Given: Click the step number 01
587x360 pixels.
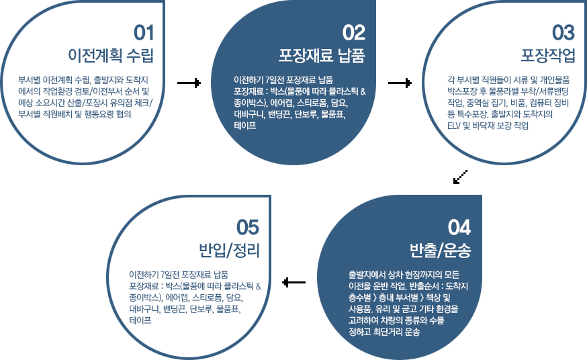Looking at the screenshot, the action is pos(144,33).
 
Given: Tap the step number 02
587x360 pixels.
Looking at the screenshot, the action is pos(354,33).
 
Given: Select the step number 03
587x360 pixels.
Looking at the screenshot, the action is pos(563,33).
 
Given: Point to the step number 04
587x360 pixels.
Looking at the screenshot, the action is pos(459,228).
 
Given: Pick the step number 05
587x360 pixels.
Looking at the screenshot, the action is pos(248,228).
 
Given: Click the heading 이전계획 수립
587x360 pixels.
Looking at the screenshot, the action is pos(111,55).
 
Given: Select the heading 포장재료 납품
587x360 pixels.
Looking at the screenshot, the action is pos(322,55).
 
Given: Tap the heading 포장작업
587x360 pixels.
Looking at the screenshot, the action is pos(548,55).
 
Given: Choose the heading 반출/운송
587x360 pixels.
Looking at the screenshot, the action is pos(441,251).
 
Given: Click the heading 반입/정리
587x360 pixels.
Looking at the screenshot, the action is pos(229,251).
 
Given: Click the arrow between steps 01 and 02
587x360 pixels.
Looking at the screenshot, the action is pos(189,83).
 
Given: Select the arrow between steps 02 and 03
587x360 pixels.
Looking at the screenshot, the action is pos(400,83).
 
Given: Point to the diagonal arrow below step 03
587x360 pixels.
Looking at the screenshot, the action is pos(460,177).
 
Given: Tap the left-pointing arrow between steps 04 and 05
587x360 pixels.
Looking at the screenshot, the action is pos(294,282).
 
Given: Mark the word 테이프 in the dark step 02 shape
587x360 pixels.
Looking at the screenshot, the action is pos(245,126).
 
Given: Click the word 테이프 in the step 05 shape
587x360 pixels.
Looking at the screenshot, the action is pos(140,320).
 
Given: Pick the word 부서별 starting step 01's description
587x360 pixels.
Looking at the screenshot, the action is pos(29,80).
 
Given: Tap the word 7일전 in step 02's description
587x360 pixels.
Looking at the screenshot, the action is pos(275,80).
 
